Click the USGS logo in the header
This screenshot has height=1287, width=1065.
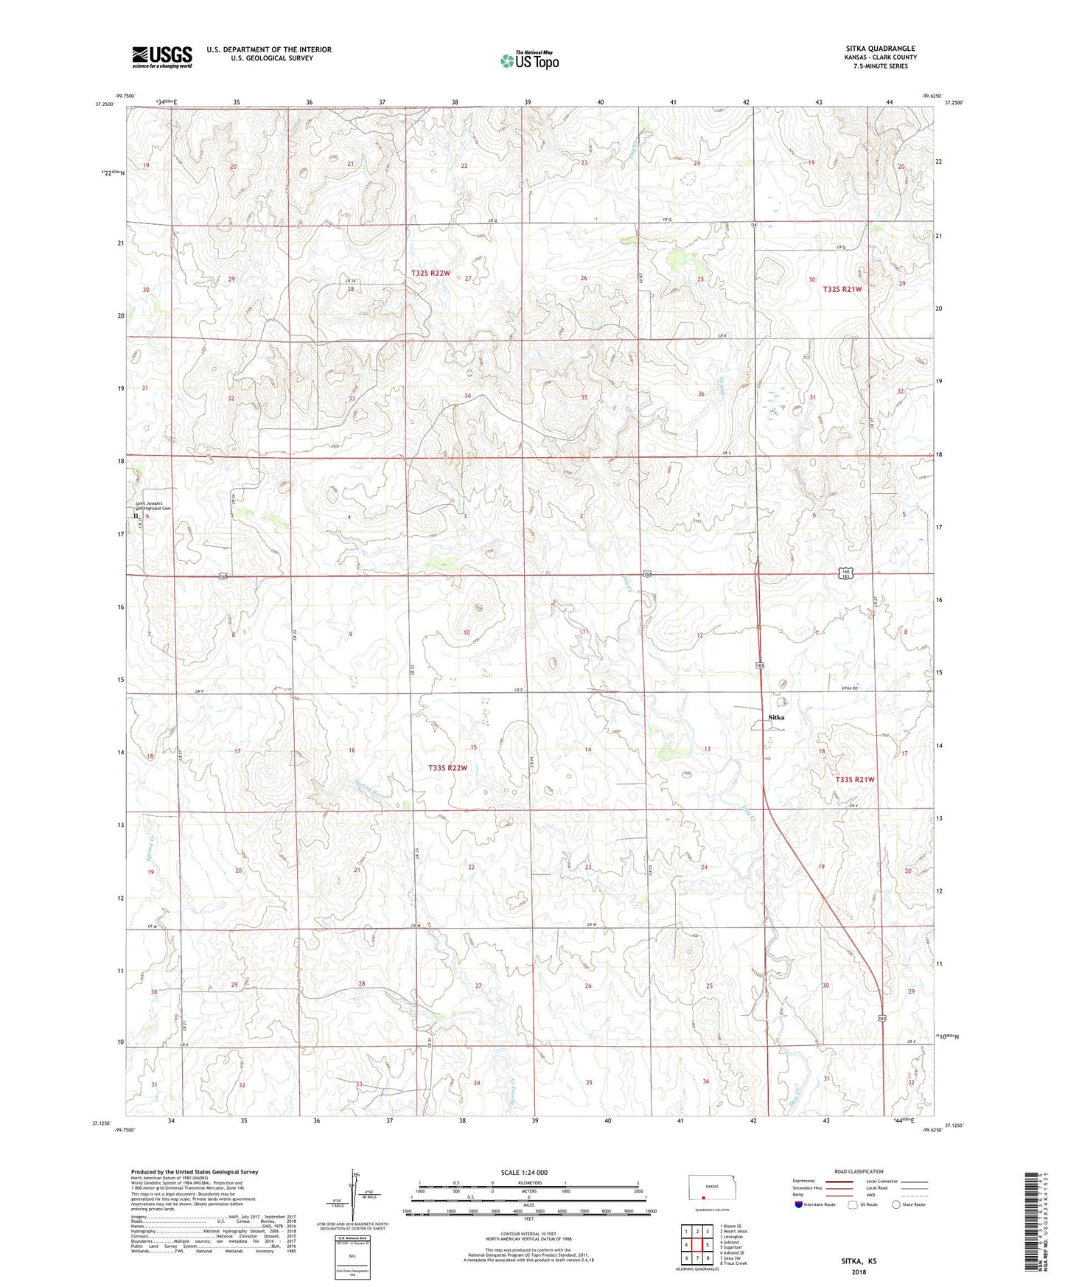[161, 57]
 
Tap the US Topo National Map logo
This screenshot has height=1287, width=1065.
[528, 60]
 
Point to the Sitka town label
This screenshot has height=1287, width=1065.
[775, 717]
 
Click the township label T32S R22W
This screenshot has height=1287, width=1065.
[430, 273]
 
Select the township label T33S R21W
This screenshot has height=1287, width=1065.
[854, 779]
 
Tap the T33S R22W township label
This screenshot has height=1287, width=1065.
[447, 768]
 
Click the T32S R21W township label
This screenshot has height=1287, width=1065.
[842, 290]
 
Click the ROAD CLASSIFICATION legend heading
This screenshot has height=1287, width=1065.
[859, 1171]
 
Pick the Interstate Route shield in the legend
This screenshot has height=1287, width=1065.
[799, 1205]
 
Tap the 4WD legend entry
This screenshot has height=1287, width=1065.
[892, 1196]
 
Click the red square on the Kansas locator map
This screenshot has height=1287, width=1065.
[704, 1198]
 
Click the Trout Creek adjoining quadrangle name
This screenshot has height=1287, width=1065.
[736, 1263]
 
